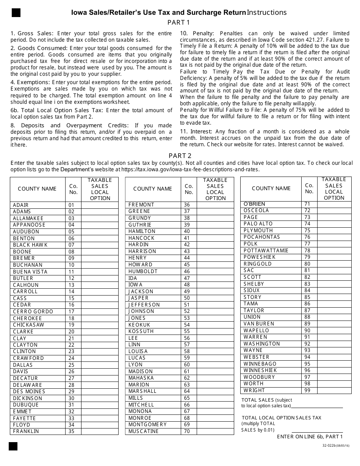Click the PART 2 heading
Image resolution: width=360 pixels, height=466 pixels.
tap(180, 156)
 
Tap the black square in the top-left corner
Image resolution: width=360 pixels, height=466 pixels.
tap(16, 13)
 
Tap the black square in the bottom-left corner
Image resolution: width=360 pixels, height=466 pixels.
tap(13, 446)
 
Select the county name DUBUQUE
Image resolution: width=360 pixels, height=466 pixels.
tap(26, 405)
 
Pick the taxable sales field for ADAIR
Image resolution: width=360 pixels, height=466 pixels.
tap(100, 205)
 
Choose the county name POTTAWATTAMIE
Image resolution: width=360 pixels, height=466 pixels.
tap(266, 250)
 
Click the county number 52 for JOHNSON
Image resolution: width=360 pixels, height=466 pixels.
tap(187, 311)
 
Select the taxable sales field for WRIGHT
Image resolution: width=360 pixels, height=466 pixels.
tap(334, 390)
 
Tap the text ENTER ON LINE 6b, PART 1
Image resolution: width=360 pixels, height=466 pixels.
tap(310, 436)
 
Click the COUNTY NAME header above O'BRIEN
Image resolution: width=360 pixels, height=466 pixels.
tap(271, 188)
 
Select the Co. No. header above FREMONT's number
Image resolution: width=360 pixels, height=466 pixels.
tap(189, 189)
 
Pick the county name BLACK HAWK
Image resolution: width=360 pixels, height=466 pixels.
tap(30, 245)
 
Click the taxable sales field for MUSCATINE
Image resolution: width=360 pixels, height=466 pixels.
tap(215, 431)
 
